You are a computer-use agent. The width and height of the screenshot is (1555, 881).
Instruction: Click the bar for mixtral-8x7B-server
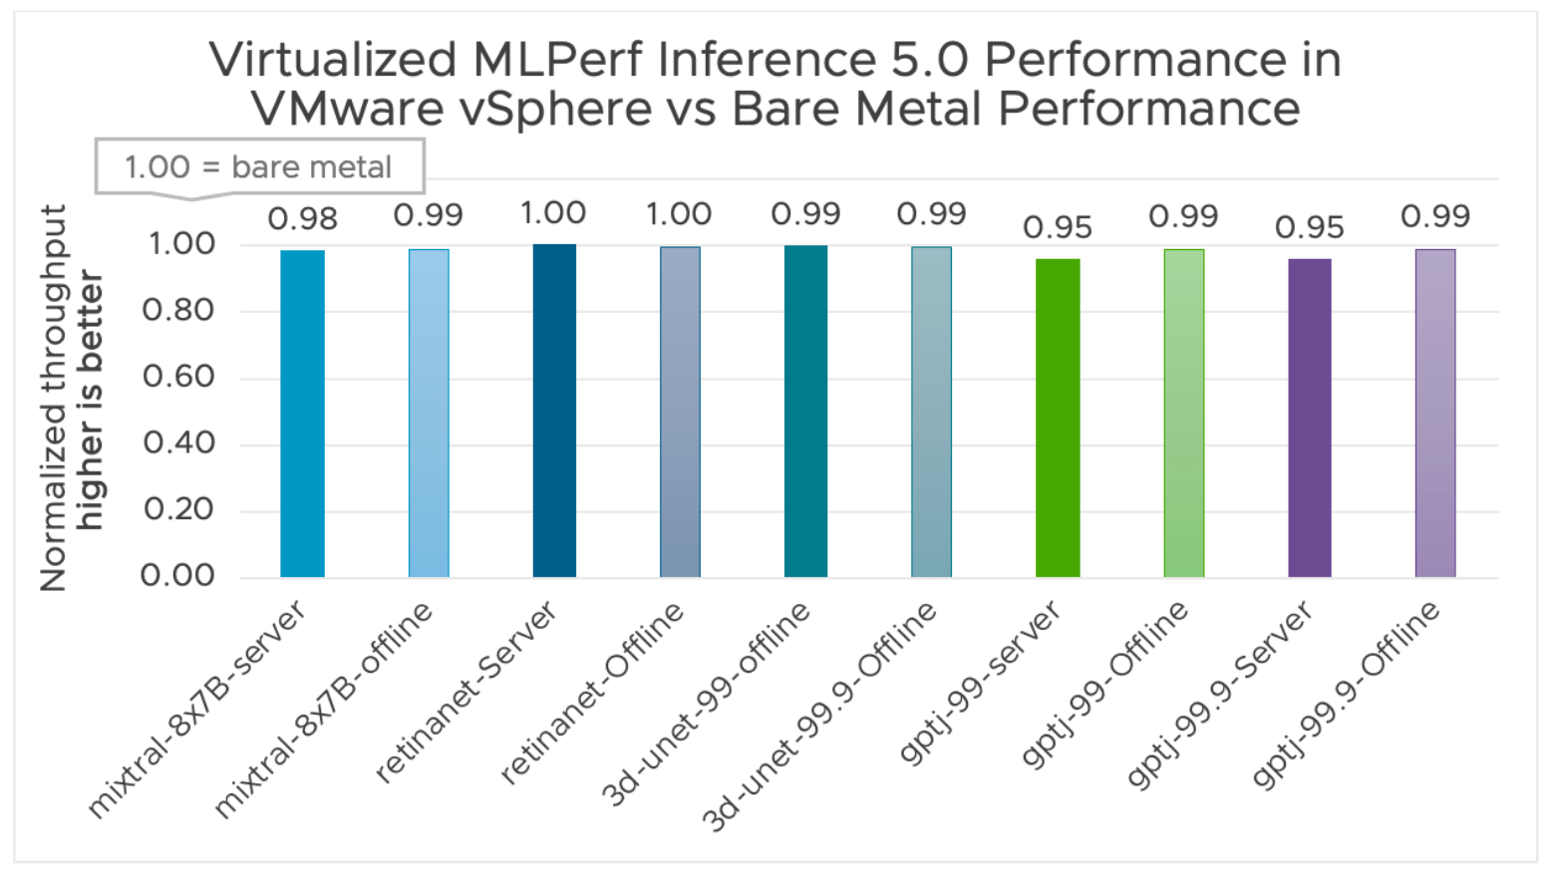(x=302, y=414)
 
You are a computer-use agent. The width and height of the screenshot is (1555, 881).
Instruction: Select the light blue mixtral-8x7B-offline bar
(x=429, y=414)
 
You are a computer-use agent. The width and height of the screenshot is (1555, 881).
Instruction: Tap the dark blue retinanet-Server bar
(x=554, y=411)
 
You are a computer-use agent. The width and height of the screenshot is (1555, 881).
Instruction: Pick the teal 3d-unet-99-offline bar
(x=805, y=412)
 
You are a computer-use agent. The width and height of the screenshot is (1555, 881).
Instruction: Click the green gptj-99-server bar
(x=1058, y=419)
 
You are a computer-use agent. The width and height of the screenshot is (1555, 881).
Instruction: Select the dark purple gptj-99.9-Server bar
(x=1309, y=419)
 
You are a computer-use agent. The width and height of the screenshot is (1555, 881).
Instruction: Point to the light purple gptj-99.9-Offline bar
(x=1435, y=414)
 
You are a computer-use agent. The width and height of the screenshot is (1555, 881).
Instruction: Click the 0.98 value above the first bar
(x=302, y=218)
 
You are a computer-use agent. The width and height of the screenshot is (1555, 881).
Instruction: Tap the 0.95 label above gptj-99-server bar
(x=1058, y=228)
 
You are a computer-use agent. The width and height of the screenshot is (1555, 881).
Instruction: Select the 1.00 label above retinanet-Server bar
(x=554, y=213)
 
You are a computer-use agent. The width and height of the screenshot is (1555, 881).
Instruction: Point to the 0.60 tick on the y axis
(x=178, y=377)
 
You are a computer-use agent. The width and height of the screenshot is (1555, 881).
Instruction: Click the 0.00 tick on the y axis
(x=178, y=575)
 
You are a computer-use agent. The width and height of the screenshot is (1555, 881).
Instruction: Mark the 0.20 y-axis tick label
(x=178, y=509)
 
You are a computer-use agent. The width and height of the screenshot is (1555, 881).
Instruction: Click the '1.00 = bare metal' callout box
(x=259, y=166)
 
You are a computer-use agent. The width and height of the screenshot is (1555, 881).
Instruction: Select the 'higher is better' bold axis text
(x=90, y=399)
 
